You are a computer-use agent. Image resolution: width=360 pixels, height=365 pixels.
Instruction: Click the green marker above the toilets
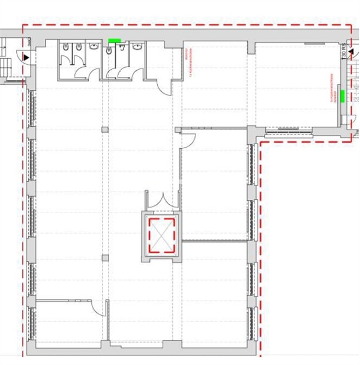click(x=115, y=41)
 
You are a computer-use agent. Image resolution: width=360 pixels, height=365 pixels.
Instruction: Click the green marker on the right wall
click(x=341, y=94)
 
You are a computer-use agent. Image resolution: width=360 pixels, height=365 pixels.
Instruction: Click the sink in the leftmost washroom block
click(x=94, y=46)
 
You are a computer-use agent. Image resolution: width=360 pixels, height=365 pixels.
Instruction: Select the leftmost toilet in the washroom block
click(x=65, y=48)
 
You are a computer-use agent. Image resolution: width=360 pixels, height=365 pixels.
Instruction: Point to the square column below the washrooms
click(x=105, y=129)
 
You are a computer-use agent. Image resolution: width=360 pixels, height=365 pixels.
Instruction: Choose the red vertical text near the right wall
click(x=332, y=88)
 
